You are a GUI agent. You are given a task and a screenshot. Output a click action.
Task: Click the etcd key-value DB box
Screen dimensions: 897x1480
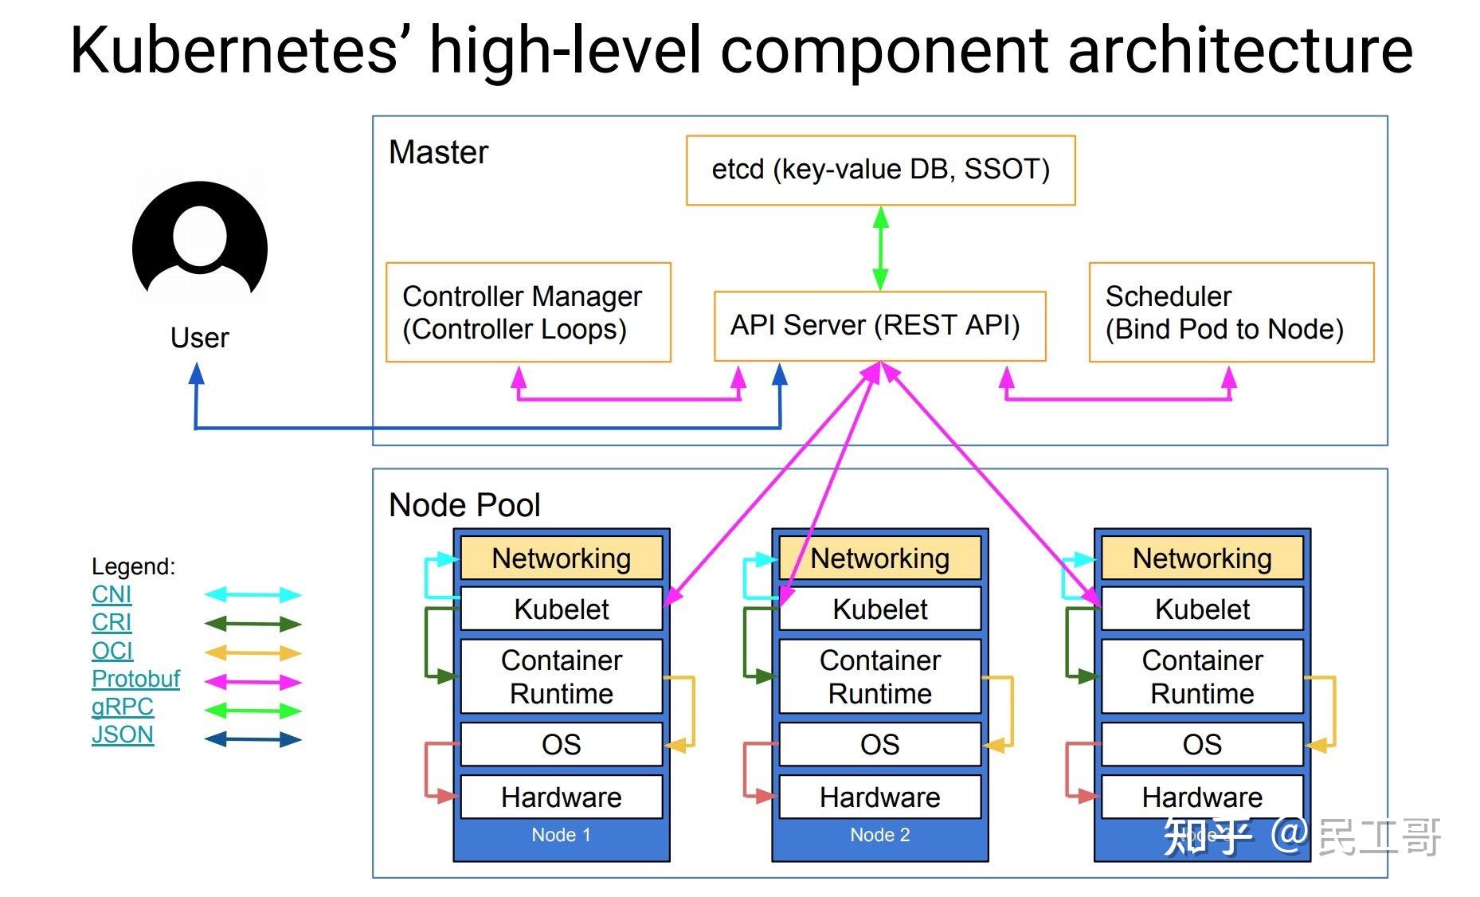(880, 170)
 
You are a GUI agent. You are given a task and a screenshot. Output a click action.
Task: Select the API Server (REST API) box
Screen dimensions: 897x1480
(879, 326)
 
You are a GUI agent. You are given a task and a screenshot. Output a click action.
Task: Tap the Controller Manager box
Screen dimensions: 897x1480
(527, 312)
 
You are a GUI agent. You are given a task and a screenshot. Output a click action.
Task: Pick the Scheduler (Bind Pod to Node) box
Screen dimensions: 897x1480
(1231, 312)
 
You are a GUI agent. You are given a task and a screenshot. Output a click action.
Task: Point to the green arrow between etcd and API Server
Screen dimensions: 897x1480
(880, 248)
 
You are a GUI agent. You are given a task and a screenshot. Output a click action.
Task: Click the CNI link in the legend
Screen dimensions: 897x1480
(112, 594)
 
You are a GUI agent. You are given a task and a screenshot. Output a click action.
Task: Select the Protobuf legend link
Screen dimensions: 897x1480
(135, 679)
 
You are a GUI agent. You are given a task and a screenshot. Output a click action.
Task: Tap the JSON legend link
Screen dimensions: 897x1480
(122, 734)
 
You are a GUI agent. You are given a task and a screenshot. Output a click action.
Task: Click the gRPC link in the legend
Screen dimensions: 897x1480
(122, 707)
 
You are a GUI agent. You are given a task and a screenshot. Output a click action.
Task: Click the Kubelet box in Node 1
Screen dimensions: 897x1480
(561, 609)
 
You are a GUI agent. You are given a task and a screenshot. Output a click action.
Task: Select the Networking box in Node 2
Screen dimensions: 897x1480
(879, 558)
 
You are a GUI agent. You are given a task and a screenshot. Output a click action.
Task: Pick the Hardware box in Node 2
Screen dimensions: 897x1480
(879, 797)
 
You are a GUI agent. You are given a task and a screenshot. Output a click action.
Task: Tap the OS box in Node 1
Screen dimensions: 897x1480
(561, 745)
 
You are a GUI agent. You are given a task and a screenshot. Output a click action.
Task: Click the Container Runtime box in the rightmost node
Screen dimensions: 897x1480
(1201, 676)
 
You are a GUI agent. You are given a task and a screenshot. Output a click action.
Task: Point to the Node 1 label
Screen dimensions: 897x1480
(561, 835)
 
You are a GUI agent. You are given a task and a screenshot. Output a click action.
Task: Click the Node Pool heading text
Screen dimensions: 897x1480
(464, 505)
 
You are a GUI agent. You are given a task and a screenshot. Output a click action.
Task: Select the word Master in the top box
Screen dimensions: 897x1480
(438, 152)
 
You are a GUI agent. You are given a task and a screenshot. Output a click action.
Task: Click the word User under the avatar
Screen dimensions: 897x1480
(199, 338)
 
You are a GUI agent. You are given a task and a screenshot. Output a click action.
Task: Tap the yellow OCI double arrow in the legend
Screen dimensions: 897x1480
(253, 653)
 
